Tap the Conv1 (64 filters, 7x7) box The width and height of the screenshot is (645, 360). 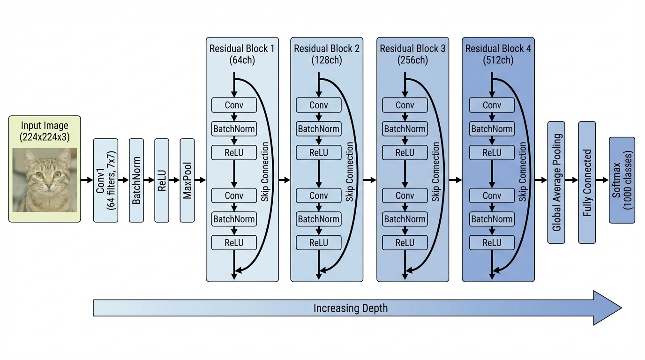click(105, 180)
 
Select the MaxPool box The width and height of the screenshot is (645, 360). click(187, 180)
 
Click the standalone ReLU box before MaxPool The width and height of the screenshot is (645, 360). click(162, 180)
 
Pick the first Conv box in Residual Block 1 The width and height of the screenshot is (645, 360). click(234, 105)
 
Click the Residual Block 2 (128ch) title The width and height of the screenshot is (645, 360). click(327, 54)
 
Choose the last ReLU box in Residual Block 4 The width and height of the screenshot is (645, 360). click(492, 243)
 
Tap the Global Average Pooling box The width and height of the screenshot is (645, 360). click(556, 182)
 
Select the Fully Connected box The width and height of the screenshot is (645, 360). click(587, 182)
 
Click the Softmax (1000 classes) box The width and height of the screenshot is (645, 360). click(622, 180)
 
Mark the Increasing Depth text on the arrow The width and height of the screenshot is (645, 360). click(351, 308)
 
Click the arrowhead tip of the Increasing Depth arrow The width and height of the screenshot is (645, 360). click(621, 308)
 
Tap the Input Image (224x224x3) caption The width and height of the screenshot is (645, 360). click(45, 131)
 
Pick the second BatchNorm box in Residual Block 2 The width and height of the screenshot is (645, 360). click(319, 219)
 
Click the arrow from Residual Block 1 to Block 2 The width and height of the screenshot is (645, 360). click(285, 180)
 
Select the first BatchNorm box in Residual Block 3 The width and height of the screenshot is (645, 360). click(405, 129)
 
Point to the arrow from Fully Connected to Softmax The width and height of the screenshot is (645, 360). click(602, 180)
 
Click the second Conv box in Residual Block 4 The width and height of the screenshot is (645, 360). click(492, 195)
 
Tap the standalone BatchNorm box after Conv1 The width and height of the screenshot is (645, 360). click(136, 180)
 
